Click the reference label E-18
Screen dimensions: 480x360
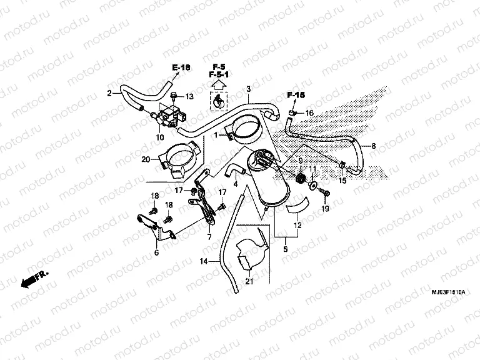coord(182,67)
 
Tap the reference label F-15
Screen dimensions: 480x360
coord(296,95)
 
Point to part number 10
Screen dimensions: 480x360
coord(160,137)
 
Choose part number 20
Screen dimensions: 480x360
coord(146,159)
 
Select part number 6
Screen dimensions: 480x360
coord(156,252)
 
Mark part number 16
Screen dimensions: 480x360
coord(309,112)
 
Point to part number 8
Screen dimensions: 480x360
coord(374,146)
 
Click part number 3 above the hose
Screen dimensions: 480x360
coord(248,89)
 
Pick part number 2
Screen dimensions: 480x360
coord(109,94)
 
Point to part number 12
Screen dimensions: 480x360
coord(297,225)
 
